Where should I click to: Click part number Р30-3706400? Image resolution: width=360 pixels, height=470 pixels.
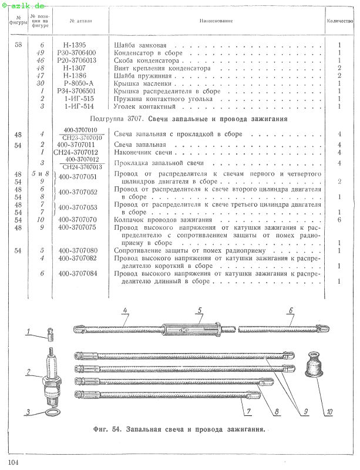click(x=76, y=53)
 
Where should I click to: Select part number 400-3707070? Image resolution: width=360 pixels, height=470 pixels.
click(x=78, y=220)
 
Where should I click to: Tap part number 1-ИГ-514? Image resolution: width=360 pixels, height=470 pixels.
click(x=79, y=106)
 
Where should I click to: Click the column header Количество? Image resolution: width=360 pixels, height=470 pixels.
click(x=340, y=21)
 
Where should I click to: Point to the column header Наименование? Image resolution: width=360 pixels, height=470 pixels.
click(x=216, y=21)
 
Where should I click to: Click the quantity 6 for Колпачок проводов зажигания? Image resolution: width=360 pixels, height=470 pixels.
click(x=339, y=220)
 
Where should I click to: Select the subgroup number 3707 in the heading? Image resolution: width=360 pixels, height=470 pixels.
click(x=134, y=119)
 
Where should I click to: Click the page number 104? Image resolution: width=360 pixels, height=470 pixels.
click(x=13, y=462)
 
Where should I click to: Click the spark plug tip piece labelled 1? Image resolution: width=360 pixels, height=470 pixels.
click(x=51, y=334)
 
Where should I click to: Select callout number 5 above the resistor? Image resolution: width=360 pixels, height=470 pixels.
click(x=200, y=311)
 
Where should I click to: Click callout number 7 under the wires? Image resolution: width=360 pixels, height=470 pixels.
click(x=248, y=411)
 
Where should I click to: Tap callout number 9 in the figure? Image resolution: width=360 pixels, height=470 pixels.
click(x=305, y=411)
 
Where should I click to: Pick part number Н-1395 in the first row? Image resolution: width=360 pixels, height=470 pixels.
click(x=75, y=45)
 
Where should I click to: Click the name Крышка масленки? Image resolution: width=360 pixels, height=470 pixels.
click(x=142, y=83)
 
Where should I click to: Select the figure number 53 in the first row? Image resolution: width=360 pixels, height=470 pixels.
click(x=18, y=45)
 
